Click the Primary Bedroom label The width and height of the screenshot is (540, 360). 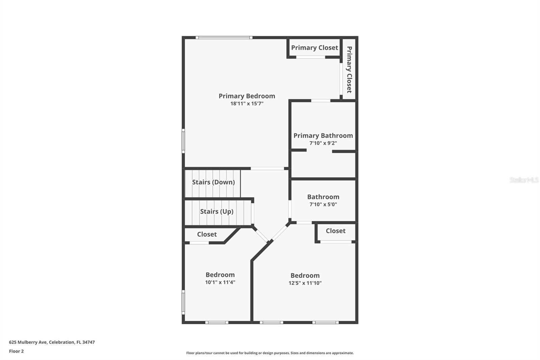(x=247, y=96)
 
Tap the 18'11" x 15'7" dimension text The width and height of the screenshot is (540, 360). (x=247, y=104)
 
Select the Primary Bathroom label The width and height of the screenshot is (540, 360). (x=323, y=135)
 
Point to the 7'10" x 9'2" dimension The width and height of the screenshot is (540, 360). (x=323, y=143)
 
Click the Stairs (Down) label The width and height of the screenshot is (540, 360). (x=213, y=182)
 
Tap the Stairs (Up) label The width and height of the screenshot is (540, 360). (x=217, y=211)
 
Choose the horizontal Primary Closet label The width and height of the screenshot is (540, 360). (x=315, y=48)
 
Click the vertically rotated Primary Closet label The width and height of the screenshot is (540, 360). (x=349, y=69)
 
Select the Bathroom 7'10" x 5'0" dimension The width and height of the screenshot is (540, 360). (x=323, y=204)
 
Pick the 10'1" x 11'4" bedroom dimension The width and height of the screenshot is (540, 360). (x=220, y=282)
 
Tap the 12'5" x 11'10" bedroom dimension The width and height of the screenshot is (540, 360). (x=305, y=283)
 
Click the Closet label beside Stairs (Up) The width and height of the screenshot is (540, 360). (x=207, y=234)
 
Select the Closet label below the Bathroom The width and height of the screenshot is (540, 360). (x=335, y=231)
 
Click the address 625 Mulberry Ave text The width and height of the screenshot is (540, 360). (x=52, y=342)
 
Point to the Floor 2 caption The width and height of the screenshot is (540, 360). (x=16, y=351)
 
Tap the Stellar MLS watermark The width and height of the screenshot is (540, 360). (x=524, y=180)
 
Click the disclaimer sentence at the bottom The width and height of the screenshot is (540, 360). (x=270, y=353)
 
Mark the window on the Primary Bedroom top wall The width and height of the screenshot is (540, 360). (x=224, y=37)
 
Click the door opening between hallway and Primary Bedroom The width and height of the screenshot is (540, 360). (x=267, y=168)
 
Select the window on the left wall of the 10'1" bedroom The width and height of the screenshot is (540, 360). (x=183, y=302)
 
